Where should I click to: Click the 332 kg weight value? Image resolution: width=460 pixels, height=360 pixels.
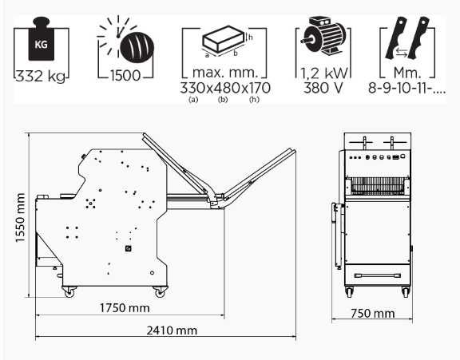tap(40, 76)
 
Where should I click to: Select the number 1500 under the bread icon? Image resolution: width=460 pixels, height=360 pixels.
tap(125, 76)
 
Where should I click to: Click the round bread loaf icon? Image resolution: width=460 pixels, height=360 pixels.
tap(137, 47)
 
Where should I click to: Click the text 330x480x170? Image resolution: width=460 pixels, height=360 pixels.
tap(225, 88)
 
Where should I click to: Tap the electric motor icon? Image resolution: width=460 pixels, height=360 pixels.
tap(323, 35)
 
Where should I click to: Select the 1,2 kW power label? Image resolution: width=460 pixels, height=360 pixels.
tap(323, 73)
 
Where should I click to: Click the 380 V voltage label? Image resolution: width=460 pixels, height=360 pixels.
tap(323, 88)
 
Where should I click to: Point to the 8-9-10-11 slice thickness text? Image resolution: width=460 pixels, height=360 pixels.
tap(407, 88)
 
